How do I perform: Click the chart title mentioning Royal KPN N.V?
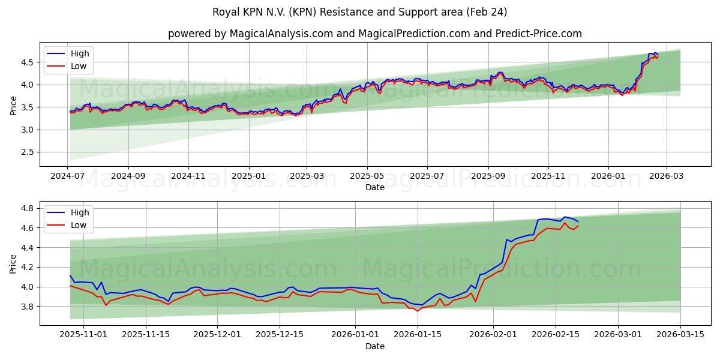click(x=359, y=12)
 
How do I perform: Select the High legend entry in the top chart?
click(x=80, y=53)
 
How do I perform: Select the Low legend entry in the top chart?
click(x=79, y=66)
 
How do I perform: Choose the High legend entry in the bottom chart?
click(x=80, y=212)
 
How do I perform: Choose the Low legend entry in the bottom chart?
click(x=79, y=225)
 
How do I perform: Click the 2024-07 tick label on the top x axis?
click(x=68, y=177)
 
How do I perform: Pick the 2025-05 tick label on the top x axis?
click(x=367, y=177)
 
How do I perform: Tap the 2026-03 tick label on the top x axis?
click(x=667, y=177)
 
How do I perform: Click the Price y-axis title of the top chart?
click(x=13, y=105)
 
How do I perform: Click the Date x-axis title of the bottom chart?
click(x=374, y=346)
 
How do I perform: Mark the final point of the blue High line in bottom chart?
click(x=578, y=222)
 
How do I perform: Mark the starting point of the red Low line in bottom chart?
click(x=70, y=286)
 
